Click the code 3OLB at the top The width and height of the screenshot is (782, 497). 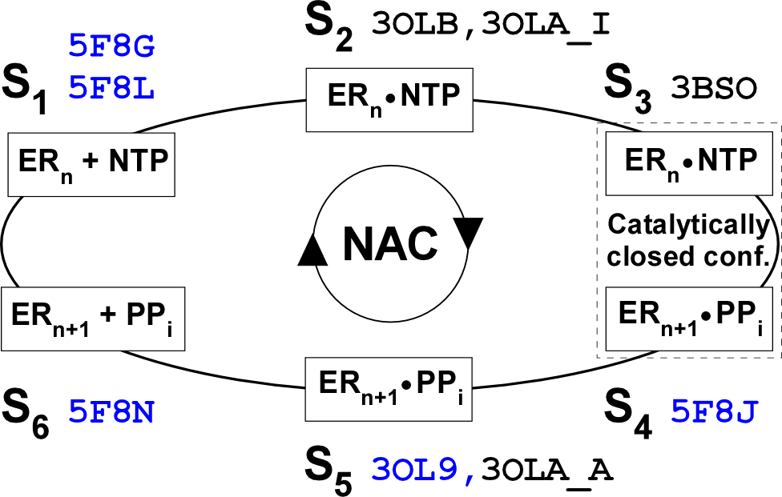click(414, 23)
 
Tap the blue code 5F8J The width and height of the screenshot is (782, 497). click(715, 413)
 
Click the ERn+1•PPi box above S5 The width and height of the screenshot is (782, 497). click(389, 391)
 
